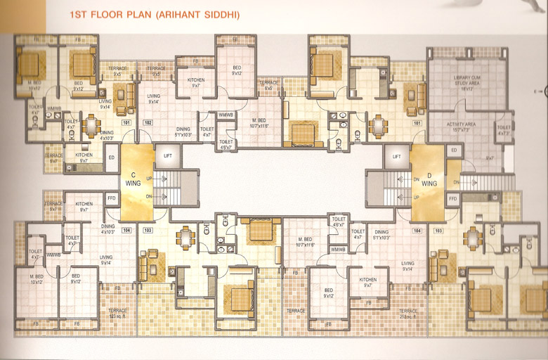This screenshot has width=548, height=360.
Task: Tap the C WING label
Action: tap(133, 179)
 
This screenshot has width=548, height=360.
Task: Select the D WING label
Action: tap(429, 179)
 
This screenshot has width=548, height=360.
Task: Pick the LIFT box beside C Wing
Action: tap(167, 155)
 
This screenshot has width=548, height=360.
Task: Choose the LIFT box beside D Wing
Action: tap(396, 156)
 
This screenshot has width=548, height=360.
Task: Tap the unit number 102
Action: tap(148, 123)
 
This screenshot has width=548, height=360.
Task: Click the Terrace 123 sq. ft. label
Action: tap(117, 313)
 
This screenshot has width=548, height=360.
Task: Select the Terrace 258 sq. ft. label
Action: tap(408, 314)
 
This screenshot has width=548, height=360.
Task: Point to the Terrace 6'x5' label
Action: tap(270, 85)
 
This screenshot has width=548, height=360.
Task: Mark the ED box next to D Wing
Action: tap(453, 150)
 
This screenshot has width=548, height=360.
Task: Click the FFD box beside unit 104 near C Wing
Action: tap(112, 198)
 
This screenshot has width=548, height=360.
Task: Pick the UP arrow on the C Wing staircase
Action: tap(148, 179)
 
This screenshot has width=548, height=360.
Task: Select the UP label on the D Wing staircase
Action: tap(416, 197)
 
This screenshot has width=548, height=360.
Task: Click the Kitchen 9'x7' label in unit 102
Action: tap(196, 83)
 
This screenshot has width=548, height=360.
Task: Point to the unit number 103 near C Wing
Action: tap(148, 230)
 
